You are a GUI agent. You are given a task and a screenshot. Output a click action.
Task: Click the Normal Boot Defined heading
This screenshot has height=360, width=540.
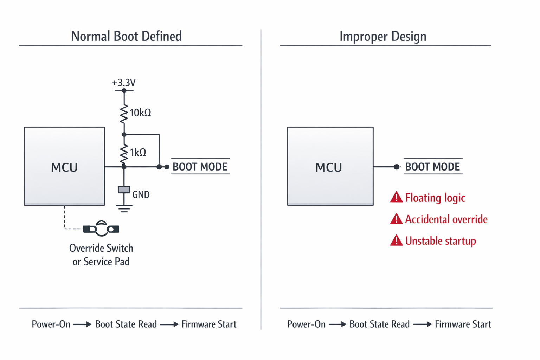(126, 36)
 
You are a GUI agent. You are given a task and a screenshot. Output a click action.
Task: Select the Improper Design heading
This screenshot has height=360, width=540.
(383, 36)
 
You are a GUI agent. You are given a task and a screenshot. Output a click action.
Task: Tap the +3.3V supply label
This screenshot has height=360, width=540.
(123, 83)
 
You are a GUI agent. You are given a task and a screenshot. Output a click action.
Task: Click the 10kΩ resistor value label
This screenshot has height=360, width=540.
(140, 113)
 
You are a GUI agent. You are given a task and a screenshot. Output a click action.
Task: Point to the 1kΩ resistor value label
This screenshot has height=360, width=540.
(138, 153)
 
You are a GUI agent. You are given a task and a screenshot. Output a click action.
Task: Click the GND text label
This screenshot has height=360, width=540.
(141, 195)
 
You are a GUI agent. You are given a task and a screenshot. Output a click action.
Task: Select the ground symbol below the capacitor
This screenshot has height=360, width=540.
(124, 208)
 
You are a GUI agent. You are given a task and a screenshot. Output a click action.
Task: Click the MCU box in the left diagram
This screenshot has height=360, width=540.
(64, 166)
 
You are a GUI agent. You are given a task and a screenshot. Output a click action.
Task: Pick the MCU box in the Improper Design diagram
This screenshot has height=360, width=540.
(330, 166)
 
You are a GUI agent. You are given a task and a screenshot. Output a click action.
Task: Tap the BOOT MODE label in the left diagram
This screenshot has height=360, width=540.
(200, 167)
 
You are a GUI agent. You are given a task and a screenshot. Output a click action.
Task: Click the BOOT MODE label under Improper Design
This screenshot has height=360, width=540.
(432, 167)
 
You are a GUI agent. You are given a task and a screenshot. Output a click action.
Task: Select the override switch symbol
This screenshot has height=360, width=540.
(101, 229)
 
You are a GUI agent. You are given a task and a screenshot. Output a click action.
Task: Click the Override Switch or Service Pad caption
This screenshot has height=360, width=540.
(101, 255)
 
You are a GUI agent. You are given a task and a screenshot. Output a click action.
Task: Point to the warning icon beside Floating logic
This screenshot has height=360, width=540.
(396, 198)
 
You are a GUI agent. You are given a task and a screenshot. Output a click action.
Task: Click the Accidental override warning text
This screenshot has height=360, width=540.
(446, 219)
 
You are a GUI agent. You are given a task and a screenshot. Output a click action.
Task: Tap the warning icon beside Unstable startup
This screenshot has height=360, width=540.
(396, 241)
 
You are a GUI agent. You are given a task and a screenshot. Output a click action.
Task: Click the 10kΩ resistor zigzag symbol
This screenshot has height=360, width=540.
(124, 113)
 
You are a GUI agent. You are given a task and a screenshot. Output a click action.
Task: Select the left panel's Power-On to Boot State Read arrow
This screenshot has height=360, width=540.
(82, 324)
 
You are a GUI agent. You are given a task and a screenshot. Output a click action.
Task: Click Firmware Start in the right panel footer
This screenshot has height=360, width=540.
(463, 324)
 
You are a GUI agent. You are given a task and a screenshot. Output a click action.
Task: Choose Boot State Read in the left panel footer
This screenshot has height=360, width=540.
(126, 324)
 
